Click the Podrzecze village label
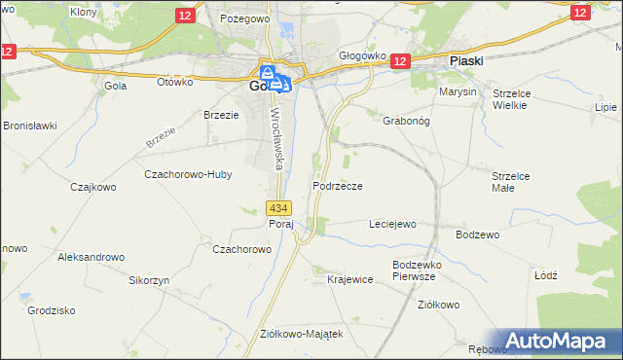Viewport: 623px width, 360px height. pyautogui.click(x=338, y=185)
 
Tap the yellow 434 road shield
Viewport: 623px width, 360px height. pyautogui.click(x=278, y=208)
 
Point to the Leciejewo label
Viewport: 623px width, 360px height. pyautogui.click(x=392, y=224)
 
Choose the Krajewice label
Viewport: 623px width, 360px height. pyautogui.click(x=350, y=279)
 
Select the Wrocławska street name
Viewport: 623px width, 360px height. pyautogui.click(x=275, y=136)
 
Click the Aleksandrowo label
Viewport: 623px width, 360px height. pyautogui.click(x=92, y=257)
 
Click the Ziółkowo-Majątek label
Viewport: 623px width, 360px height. pyautogui.click(x=301, y=333)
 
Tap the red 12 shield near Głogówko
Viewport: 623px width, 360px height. pyautogui.click(x=399, y=61)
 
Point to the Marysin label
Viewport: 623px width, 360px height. pyautogui.click(x=458, y=91)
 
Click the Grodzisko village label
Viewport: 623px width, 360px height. pyautogui.click(x=53, y=311)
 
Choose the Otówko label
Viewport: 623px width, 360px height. pyautogui.click(x=175, y=82)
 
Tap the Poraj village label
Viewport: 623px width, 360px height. pyautogui.click(x=280, y=224)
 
